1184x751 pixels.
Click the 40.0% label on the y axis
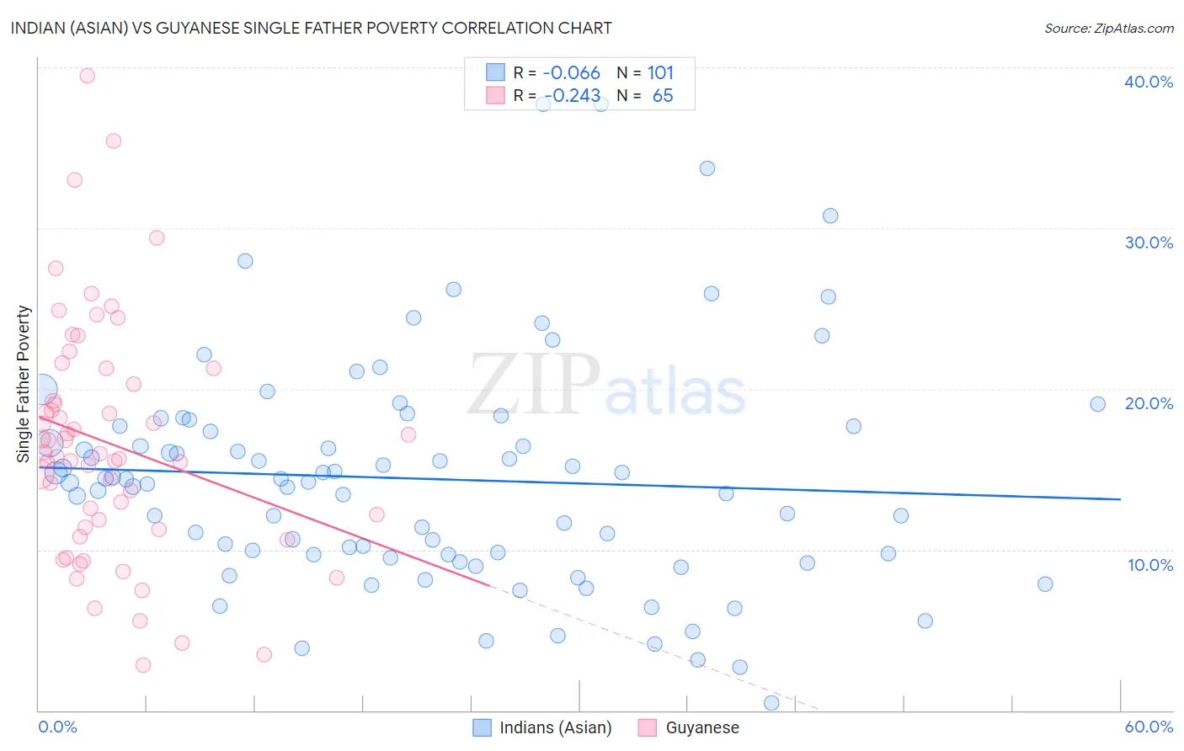coord(1149,82)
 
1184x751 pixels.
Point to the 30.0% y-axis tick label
coord(1149,242)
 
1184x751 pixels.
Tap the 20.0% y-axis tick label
coord(1149,403)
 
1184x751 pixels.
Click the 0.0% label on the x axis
coord(57,727)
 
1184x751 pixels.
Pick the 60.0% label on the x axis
coord(1149,727)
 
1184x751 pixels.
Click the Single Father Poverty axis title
coord(24,383)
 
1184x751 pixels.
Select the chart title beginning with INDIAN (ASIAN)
coord(311,28)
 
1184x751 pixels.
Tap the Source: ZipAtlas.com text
coord(1108,29)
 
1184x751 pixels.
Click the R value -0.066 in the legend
coord(571,72)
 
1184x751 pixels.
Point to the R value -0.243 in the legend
coord(571,96)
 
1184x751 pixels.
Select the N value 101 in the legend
coord(660,72)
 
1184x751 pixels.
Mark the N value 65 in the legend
coord(663,96)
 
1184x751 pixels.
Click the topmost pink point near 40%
coord(87,76)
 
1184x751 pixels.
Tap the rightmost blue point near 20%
coord(1097,404)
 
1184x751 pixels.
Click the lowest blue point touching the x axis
coord(771,703)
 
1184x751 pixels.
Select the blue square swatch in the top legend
coord(495,72)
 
